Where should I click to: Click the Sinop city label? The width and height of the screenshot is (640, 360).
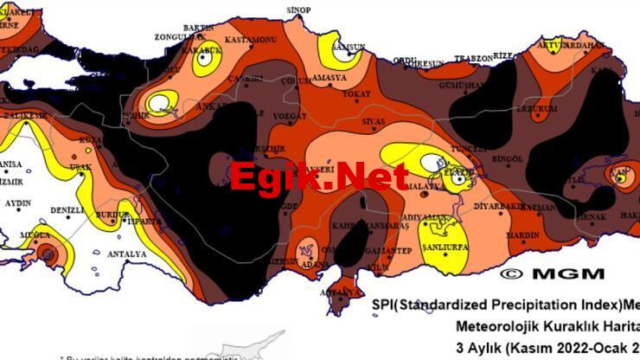coord(298,10)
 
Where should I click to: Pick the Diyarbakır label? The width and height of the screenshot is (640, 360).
coord(500,207)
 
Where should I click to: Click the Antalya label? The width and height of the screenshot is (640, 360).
coord(125,254)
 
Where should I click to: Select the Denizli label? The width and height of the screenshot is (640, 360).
coord(67,210)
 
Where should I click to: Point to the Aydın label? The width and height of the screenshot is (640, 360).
coord(17,203)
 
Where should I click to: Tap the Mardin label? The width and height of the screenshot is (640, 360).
coord(522,235)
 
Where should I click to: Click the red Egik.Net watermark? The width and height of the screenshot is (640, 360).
coord(318,177)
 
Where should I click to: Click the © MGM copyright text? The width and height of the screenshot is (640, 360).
coord(553,273)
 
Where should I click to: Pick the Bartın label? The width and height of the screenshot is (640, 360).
coord(198,28)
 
